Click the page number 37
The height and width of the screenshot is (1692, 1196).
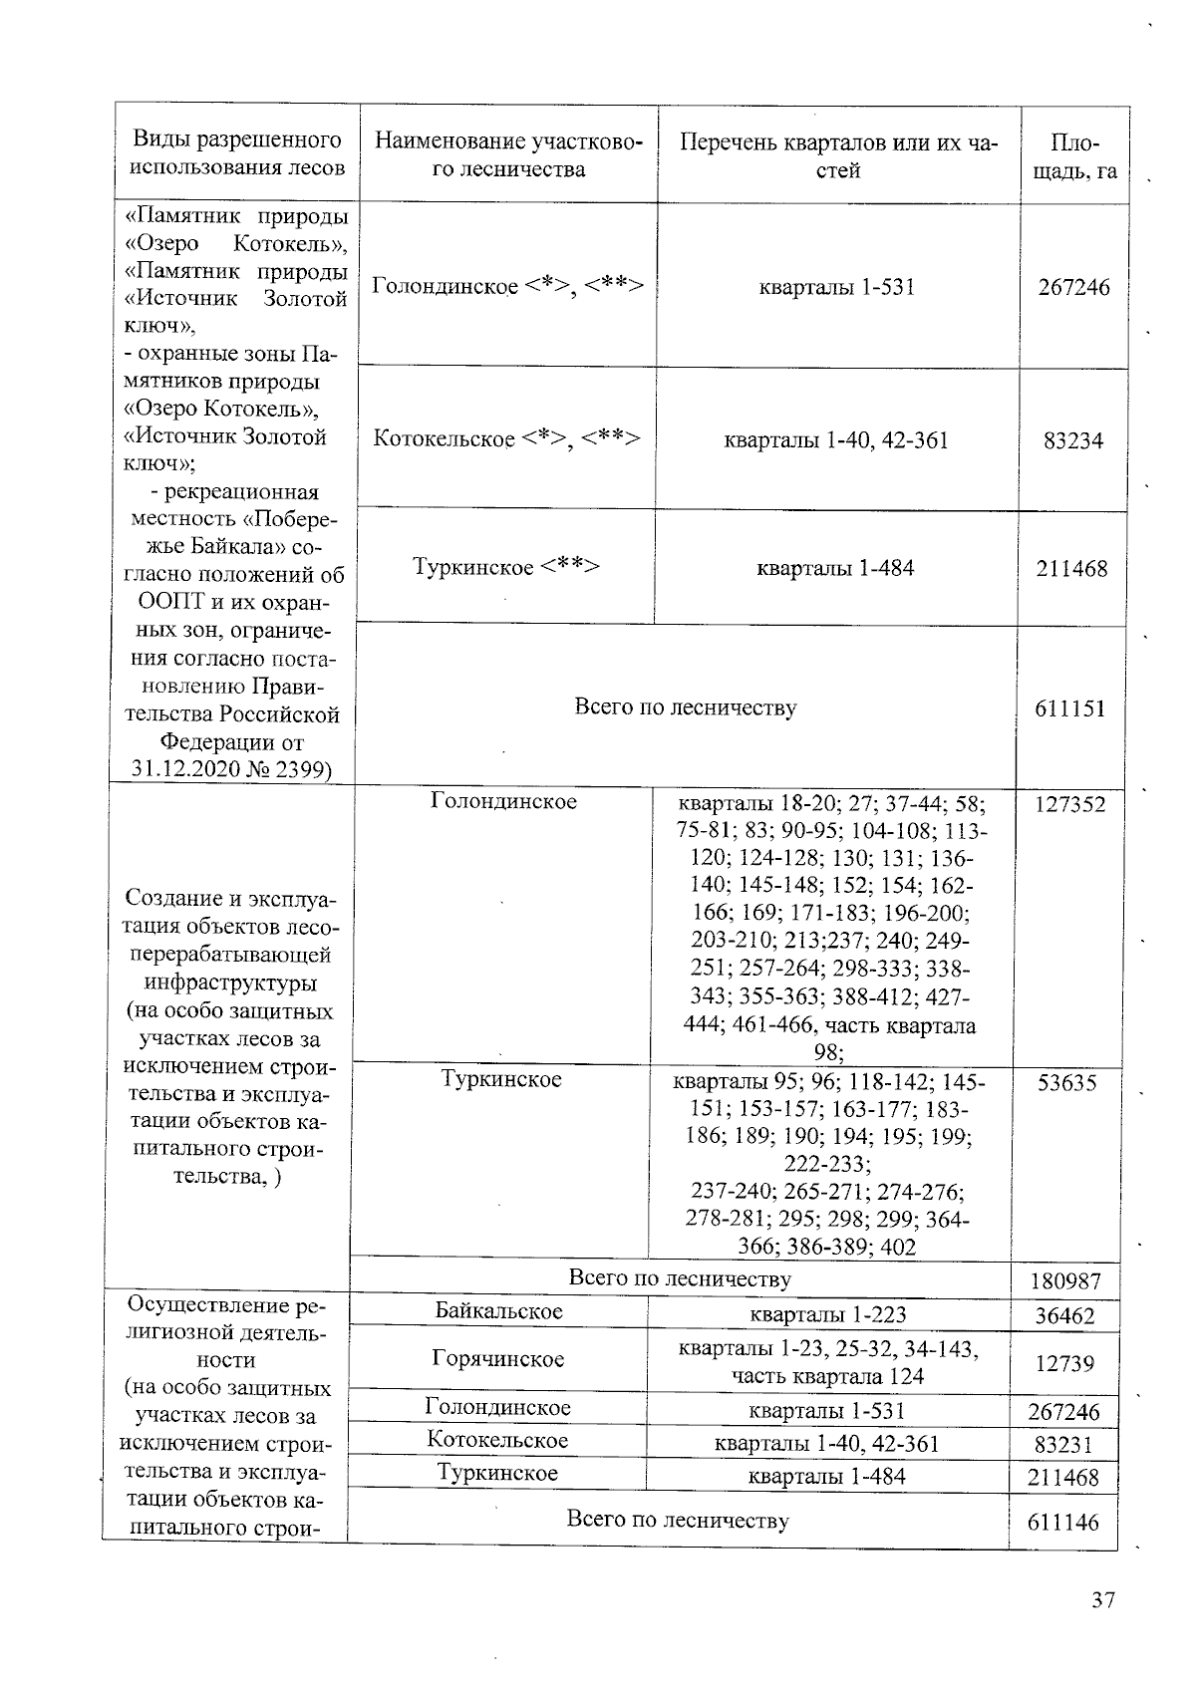pyautogui.click(x=1102, y=1600)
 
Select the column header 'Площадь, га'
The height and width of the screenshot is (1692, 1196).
pyautogui.click(x=1074, y=155)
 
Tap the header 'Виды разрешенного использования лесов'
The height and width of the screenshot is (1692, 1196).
pyautogui.click(x=237, y=153)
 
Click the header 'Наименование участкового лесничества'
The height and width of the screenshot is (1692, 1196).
pyautogui.click(x=508, y=154)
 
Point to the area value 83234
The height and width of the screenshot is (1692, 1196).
pyautogui.click(x=1073, y=440)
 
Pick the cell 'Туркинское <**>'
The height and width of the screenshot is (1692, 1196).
pyautogui.click(x=506, y=567)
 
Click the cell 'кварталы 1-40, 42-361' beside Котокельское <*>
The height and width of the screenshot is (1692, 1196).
pyautogui.click(x=835, y=439)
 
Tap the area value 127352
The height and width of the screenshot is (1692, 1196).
pyautogui.click(x=1069, y=804)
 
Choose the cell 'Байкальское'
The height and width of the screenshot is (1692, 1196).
pyautogui.click(x=498, y=1311)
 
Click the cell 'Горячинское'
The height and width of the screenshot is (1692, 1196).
pyautogui.click(x=498, y=1359)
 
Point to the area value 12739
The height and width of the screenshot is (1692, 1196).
pyautogui.click(x=1064, y=1363)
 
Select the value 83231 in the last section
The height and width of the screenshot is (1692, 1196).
pyautogui.click(x=1064, y=1445)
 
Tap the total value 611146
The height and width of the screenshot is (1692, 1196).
pyautogui.click(x=1063, y=1522)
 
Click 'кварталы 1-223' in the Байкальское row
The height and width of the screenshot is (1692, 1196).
pyautogui.click(x=827, y=1314)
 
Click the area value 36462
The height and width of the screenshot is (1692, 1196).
pyautogui.click(x=1064, y=1316)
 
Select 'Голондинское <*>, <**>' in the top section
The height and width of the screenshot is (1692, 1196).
pyautogui.click(x=507, y=286)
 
